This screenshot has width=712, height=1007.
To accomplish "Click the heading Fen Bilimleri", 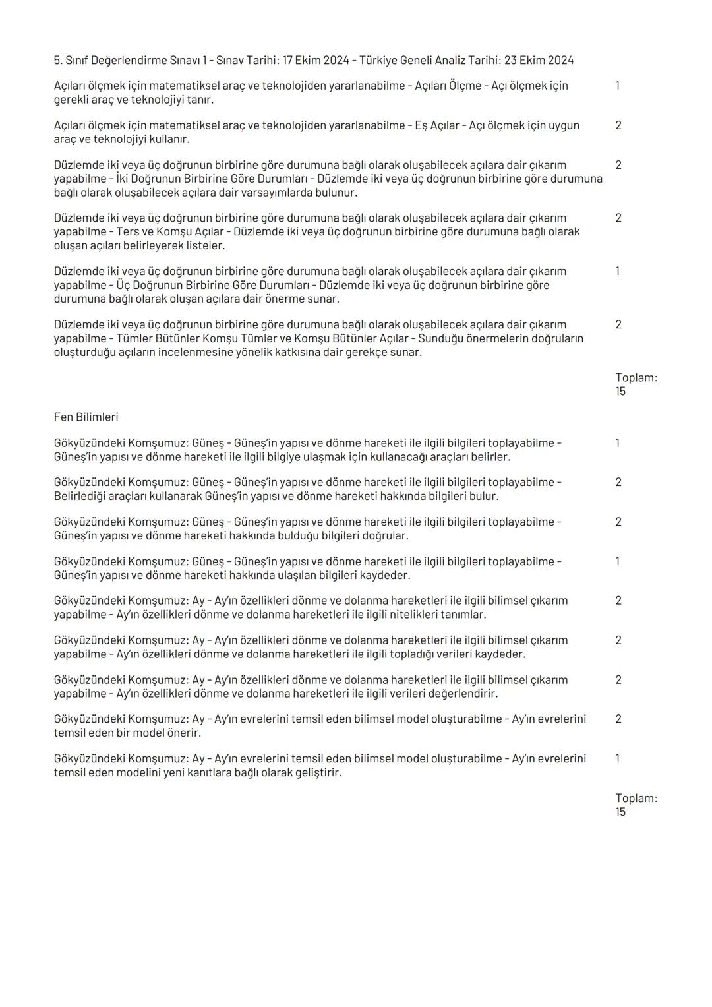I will (x=86, y=417).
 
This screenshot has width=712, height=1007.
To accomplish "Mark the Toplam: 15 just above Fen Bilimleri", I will (x=636, y=384).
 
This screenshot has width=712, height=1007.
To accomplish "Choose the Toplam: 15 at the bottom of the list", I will (x=636, y=805).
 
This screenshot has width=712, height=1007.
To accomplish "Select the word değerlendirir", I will (x=463, y=694).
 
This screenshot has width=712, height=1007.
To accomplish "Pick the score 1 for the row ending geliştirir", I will (x=618, y=758).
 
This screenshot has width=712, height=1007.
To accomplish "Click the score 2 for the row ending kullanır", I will (x=618, y=125).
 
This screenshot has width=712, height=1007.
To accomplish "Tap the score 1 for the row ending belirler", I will (x=618, y=443).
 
